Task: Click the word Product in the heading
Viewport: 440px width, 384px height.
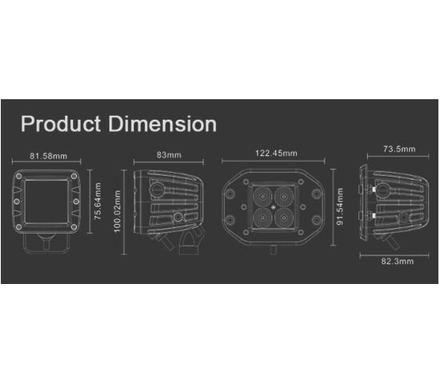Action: point(61,124)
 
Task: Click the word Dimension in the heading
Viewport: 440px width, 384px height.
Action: point(162,124)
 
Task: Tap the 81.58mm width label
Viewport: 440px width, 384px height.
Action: point(48,156)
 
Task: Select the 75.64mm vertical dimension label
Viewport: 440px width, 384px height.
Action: point(98,201)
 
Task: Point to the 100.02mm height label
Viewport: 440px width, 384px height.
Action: point(118,211)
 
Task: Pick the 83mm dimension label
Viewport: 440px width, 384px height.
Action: point(169,154)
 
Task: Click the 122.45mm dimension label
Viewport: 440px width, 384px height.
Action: point(276,154)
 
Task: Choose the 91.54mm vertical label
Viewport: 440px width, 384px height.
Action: point(340,206)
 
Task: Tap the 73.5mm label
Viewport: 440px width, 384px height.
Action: point(399,149)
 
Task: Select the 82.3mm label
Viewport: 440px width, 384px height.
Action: point(397,262)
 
